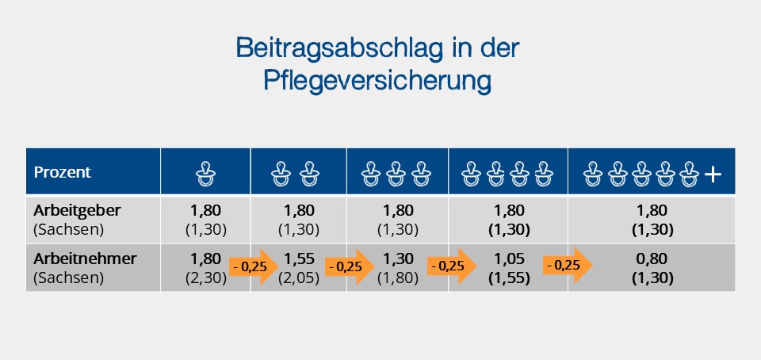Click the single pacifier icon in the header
click(x=205, y=172)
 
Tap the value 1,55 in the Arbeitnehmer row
click(x=298, y=259)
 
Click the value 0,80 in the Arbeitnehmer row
click(x=652, y=259)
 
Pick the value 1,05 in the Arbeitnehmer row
click(x=507, y=259)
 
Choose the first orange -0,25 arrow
click(x=253, y=266)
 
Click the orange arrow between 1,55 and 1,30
click(x=349, y=266)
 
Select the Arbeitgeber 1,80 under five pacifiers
click(x=652, y=211)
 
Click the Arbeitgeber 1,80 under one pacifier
click(x=205, y=211)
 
